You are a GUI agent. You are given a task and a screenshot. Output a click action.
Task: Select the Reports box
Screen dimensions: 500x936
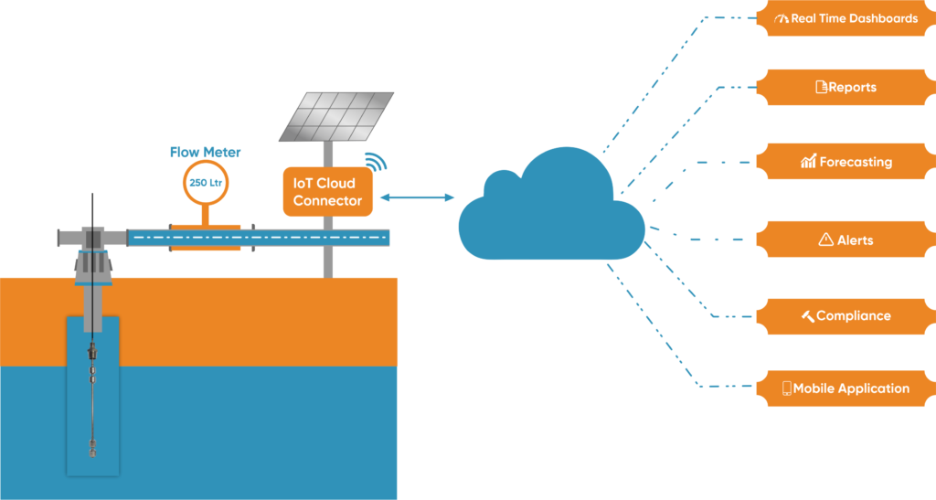click(x=846, y=88)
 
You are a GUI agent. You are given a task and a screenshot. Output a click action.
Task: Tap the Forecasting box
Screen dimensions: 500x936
click(x=846, y=162)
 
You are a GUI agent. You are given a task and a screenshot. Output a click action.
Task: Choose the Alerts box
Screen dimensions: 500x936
click(x=846, y=239)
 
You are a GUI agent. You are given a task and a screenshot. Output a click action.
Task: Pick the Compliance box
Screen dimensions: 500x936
click(x=846, y=315)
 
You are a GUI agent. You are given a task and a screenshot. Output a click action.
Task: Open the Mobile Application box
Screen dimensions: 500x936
click(x=846, y=388)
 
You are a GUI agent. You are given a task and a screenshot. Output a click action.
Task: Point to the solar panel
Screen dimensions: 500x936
click(x=335, y=115)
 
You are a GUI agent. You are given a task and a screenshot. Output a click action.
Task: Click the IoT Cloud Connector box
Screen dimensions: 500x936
click(x=327, y=192)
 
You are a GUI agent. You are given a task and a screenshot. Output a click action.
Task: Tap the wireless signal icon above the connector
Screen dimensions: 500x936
click(x=376, y=161)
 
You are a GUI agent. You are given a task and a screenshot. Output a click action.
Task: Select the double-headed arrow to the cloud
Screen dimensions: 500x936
click(x=417, y=197)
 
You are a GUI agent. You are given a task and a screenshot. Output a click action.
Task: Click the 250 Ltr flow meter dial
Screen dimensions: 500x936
click(x=206, y=183)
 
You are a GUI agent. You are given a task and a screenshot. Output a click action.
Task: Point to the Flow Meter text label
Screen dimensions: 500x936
click(x=206, y=153)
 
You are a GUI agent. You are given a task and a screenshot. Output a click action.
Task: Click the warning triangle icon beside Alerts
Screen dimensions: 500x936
click(x=825, y=239)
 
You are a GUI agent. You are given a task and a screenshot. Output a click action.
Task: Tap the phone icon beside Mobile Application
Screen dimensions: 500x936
click(x=786, y=388)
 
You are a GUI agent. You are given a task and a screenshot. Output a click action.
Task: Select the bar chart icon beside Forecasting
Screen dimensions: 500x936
click(x=808, y=162)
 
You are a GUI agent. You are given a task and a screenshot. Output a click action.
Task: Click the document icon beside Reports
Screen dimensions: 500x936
click(x=821, y=88)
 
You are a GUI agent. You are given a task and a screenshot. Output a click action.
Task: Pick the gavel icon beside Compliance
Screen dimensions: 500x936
click(x=807, y=315)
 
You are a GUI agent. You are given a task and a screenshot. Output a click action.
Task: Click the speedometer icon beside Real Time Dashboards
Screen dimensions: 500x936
click(x=780, y=18)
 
